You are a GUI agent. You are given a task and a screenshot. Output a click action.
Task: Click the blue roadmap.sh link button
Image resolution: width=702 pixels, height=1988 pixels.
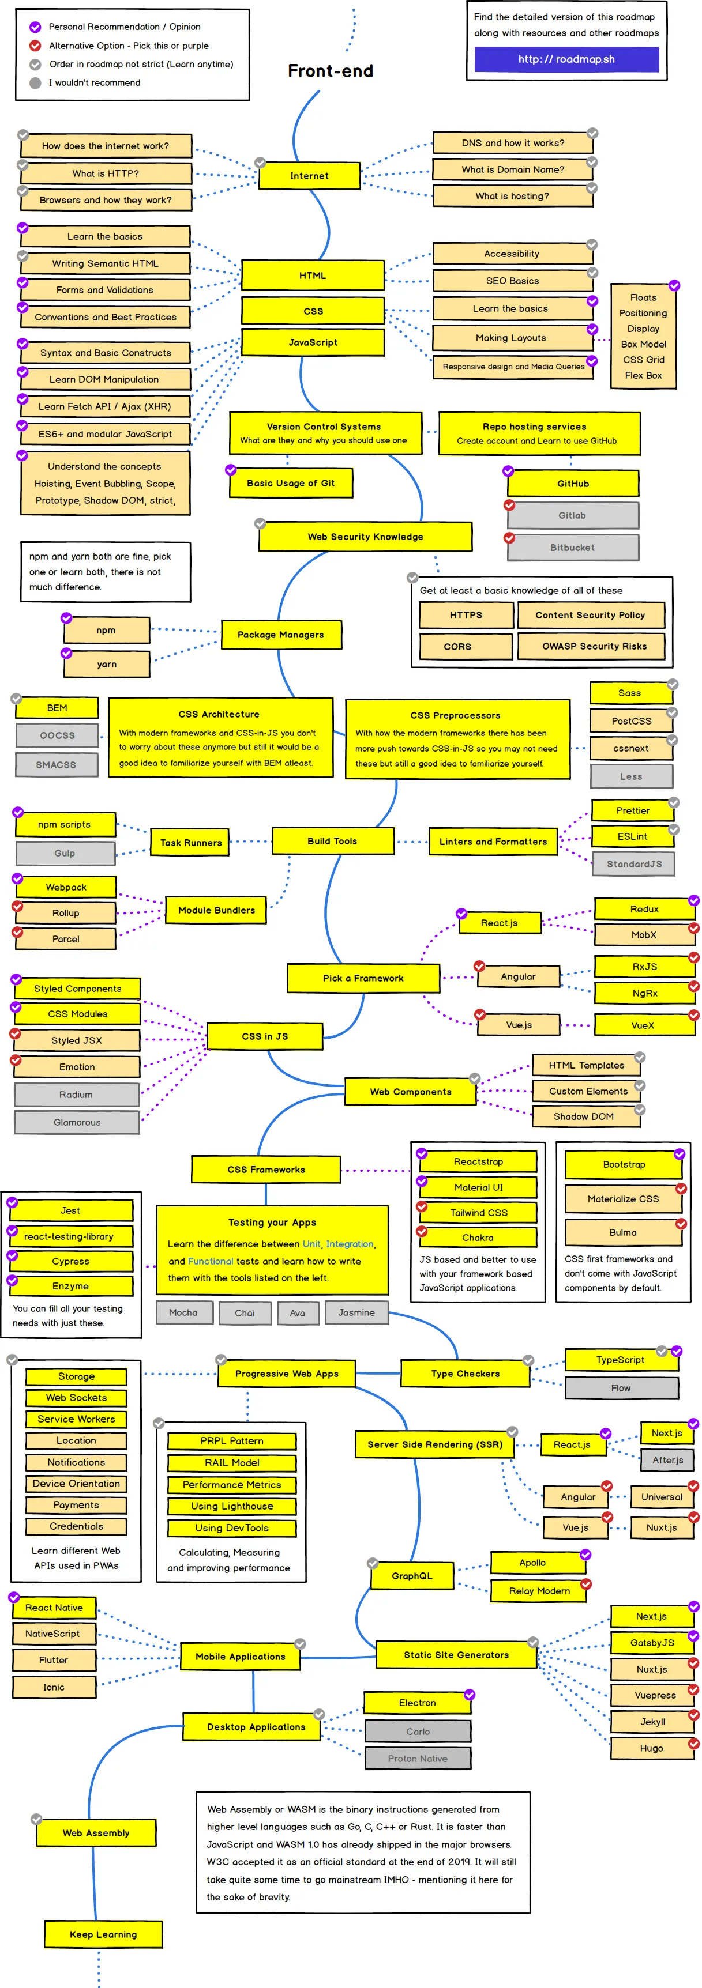pyautogui.click(x=566, y=59)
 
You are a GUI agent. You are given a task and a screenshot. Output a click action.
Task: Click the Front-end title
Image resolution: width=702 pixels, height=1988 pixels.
pyautogui.click(x=331, y=71)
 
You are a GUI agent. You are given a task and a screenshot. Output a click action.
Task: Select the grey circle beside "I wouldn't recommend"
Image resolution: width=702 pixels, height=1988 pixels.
pyautogui.click(x=35, y=82)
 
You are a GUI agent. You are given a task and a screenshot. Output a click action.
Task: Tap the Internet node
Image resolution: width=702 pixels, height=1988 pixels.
pyautogui.click(x=309, y=176)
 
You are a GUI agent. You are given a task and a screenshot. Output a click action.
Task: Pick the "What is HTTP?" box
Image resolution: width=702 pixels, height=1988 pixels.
pyautogui.click(x=106, y=173)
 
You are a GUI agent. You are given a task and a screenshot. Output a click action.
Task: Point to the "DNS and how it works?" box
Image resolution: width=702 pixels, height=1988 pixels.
pyautogui.click(x=513, y=143)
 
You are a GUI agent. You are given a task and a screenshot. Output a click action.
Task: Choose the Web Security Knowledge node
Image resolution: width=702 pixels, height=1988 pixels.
pyautogui.click(x=365, y=537)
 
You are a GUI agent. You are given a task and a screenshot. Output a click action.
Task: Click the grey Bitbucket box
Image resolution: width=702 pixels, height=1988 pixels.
pyautogui.click(x=572, y=547)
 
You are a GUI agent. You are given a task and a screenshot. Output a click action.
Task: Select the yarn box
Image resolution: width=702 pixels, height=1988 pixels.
pyautogui.click(x=107, y=663)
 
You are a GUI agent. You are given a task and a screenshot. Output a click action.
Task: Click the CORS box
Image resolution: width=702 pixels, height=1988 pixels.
pyautogui.click(x=457, y=647)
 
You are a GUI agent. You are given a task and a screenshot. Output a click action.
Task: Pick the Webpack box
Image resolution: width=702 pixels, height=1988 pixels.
pyautogui.click(x=66, y=887)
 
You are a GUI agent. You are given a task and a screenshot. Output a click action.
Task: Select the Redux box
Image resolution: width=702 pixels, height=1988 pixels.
pyautogui.click(x=644, y=908)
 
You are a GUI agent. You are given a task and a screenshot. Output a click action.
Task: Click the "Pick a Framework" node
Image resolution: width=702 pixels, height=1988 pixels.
pyautogui.click(x=363, y=978)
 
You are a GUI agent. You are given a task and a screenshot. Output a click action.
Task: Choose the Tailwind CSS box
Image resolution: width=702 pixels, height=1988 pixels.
pyautogui.click(x=479, y=1212)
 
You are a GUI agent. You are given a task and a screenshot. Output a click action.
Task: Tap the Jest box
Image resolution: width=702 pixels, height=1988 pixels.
pyautogui.click(x=70, y=1210)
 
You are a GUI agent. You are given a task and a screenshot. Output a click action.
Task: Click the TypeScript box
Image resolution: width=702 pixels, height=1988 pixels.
pyautogui.click(x=620, y=1360)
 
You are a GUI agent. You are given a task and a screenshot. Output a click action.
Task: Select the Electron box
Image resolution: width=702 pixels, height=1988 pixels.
pyautogui.click(x=417, y=1703)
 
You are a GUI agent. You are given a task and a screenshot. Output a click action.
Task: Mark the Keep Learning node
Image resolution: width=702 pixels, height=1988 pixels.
pyautogui.click(x=103, y=1934)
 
